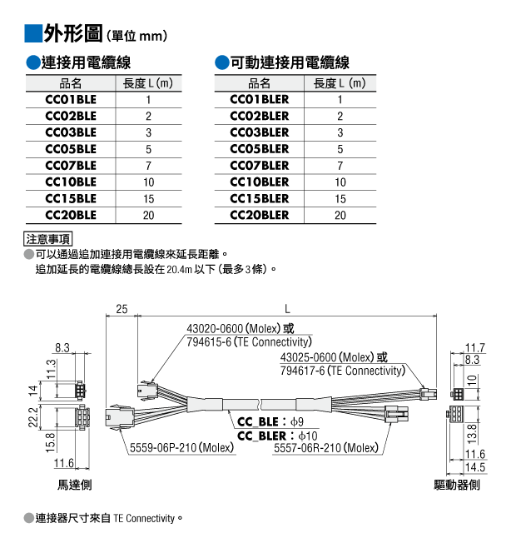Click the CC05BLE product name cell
tap(71, 149)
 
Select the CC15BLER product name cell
tap(259, 199)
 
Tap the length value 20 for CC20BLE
tap(148, 215)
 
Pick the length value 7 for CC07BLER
tap(340, 166)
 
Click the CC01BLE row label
tap(71, 100)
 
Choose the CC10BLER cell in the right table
tap(259, 182)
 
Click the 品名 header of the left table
tap(71, 83)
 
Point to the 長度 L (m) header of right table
tap(340, 83)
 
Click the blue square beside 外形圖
tap(33, 33)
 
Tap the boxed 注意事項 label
tap(47, 239)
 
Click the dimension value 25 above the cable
tap(122, 309)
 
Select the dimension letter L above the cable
tap(287, 309)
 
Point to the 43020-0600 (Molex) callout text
tap(234, 329)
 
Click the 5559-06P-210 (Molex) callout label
tap(181, 448)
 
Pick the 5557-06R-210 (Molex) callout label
tap(326, 448)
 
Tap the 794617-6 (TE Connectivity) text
tap(343, 371)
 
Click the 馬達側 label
tap(74, 485)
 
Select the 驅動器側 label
tap(457, 485)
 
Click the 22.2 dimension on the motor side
tap(33, 417)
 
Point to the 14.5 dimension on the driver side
tap(475, 467)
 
